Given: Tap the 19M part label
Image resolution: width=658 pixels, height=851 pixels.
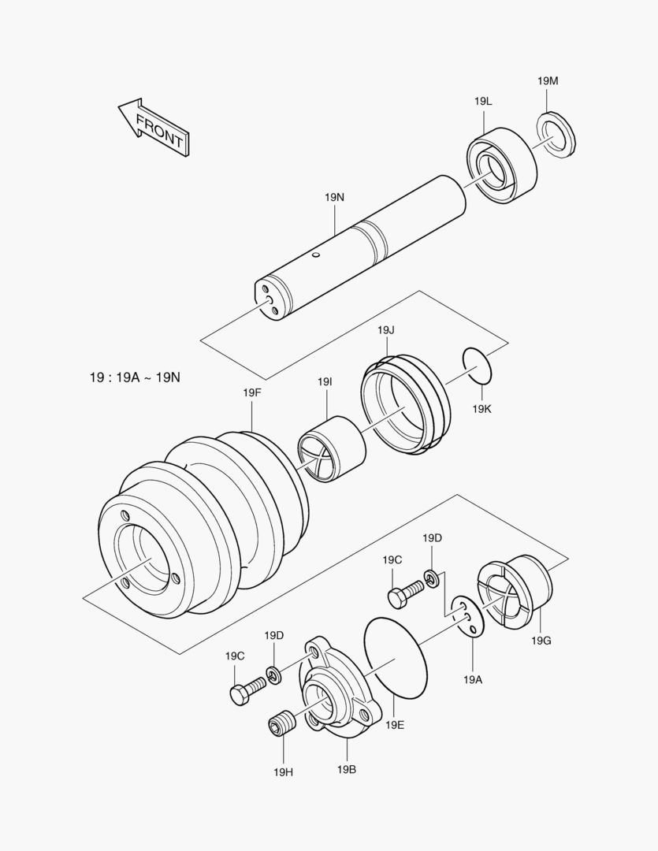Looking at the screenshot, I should (548, 81).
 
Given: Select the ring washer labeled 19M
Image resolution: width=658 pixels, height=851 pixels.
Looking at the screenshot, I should (556, 134).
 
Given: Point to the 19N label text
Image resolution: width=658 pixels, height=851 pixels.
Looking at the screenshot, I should (334, 198).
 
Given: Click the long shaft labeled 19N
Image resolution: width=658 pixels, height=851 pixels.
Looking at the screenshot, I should (362, 244).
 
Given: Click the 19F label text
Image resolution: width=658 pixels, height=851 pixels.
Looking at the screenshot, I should (251, 392).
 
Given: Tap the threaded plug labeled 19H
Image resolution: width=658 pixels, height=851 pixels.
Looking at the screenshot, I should (281, 723).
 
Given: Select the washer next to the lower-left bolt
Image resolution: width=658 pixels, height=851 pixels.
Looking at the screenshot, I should (273, 674).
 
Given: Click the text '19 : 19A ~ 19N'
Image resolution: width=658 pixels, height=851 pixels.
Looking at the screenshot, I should (135, 377).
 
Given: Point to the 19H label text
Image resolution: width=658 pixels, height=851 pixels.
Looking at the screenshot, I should (283, 772).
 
